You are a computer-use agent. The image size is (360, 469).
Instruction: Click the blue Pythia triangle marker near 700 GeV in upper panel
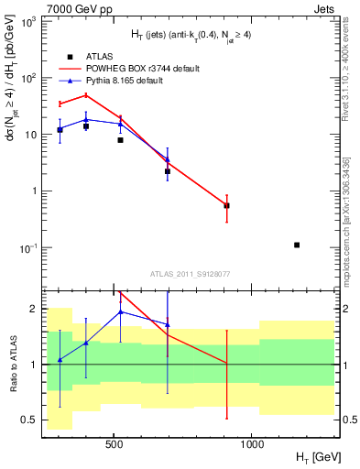(167, 159)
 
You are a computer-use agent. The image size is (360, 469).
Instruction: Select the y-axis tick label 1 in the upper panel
(35, 191)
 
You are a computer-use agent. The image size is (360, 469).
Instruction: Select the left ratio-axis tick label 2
(35, 309)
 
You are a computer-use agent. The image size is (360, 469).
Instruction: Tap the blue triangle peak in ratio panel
(120, 311)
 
